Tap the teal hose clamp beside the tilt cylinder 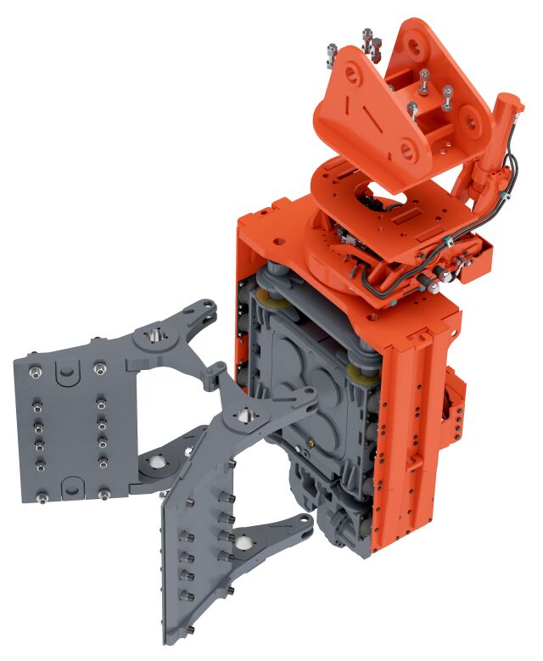(498, 194)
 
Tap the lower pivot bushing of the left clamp (158, 461)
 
